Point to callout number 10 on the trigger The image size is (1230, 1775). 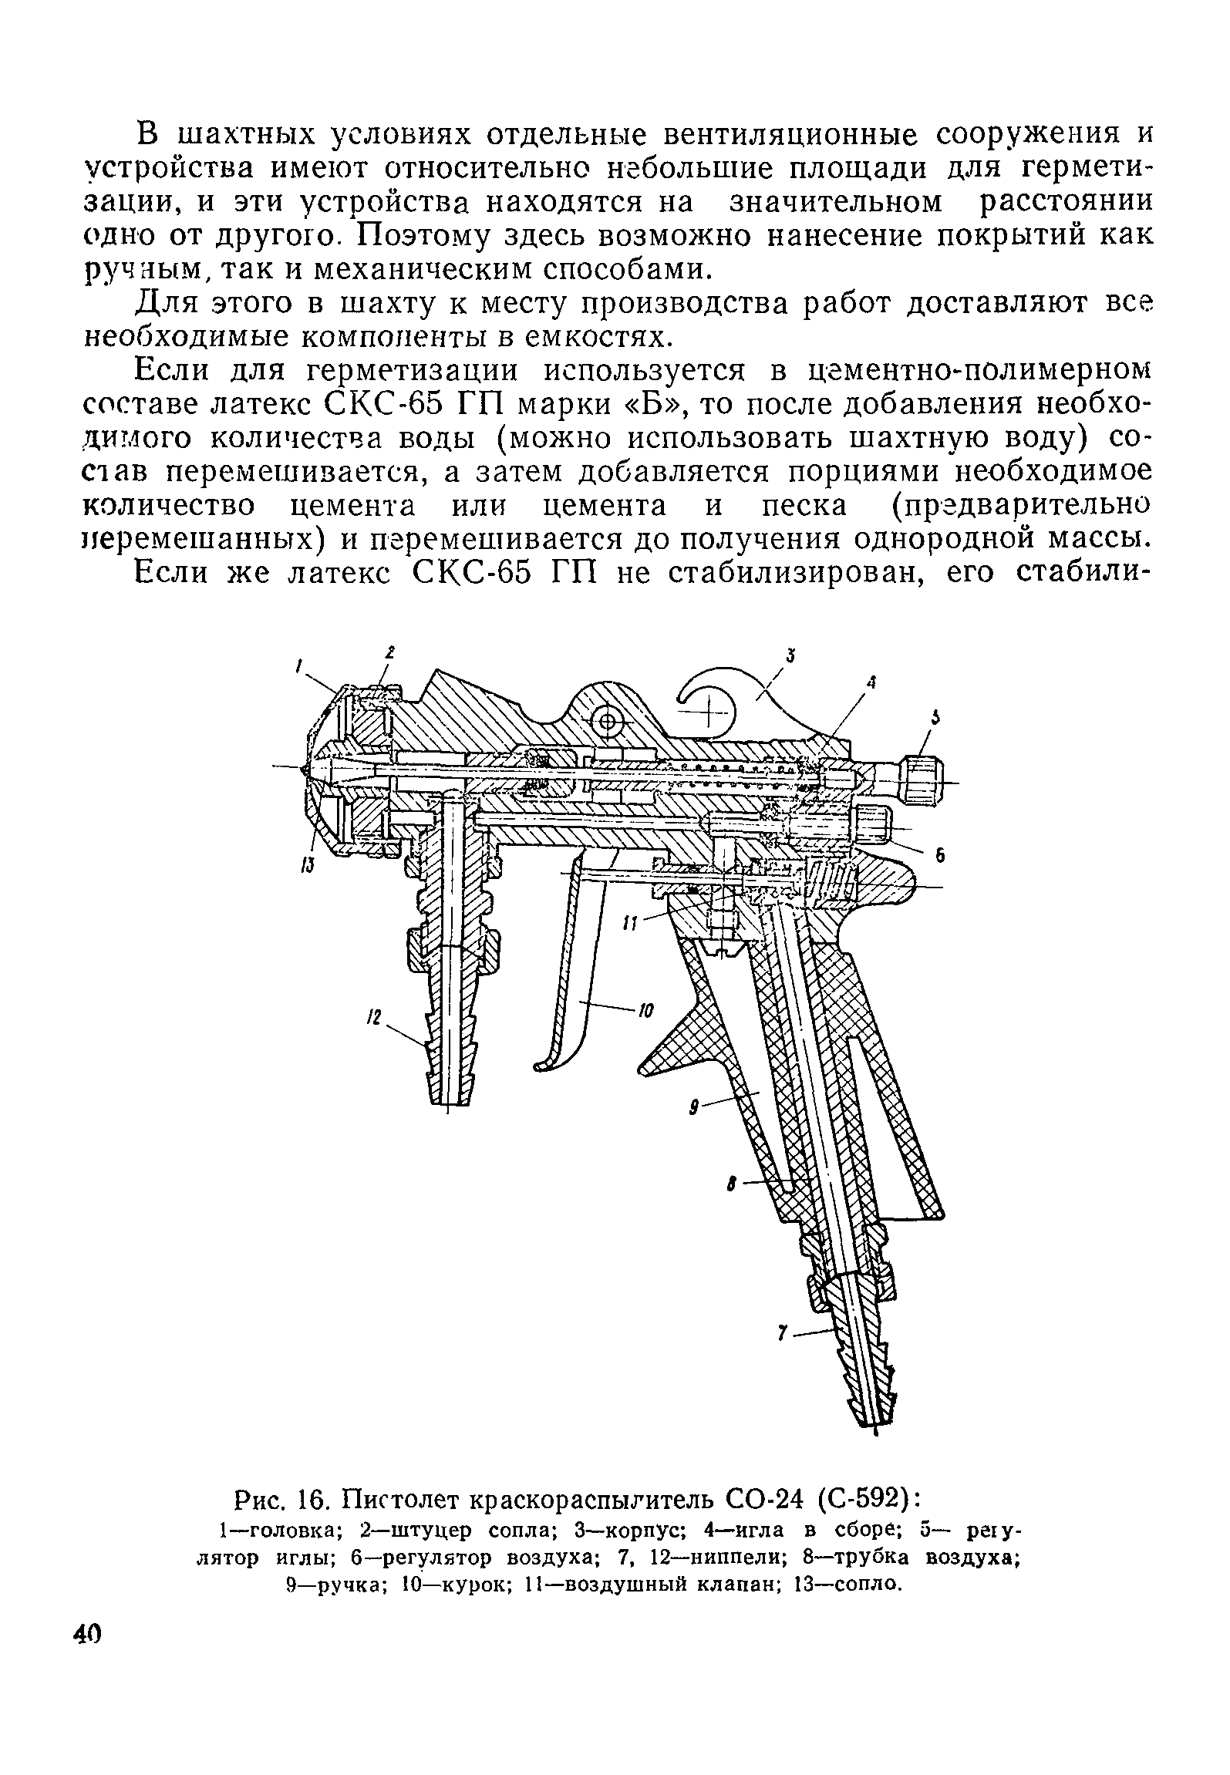click(646, 1011)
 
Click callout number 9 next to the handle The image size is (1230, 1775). click(694, 1108)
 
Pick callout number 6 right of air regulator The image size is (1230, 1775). click(940, 856)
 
